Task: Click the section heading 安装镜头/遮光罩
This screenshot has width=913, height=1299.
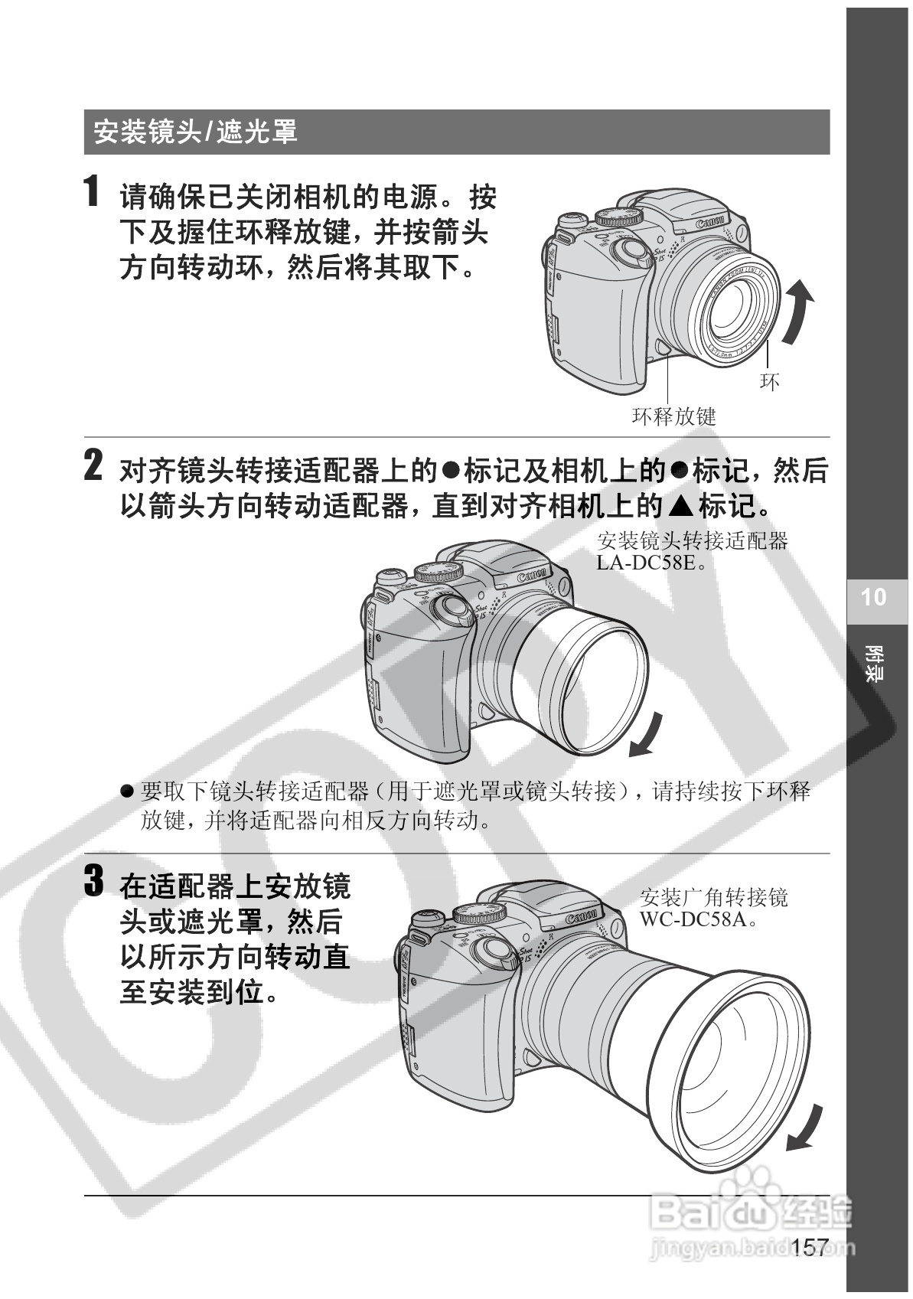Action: (x=195, y=132)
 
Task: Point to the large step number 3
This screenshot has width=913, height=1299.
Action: (x=93, y=880)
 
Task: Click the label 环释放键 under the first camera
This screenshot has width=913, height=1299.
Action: (x=674, y=416)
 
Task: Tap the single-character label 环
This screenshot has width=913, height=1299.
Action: (x=770, y=381)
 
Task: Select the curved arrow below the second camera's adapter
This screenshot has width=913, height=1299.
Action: (x=646, y=736)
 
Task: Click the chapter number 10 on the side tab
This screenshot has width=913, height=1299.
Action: (x=873, y=597)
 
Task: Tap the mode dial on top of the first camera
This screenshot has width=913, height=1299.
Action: (x=619, y=217)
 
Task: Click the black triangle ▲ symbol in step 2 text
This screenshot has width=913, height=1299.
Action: (x=680, y=506)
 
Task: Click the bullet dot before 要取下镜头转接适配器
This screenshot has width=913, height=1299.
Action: (x=127, y=791)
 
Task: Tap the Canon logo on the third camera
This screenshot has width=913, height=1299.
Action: (x=582, y=918)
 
